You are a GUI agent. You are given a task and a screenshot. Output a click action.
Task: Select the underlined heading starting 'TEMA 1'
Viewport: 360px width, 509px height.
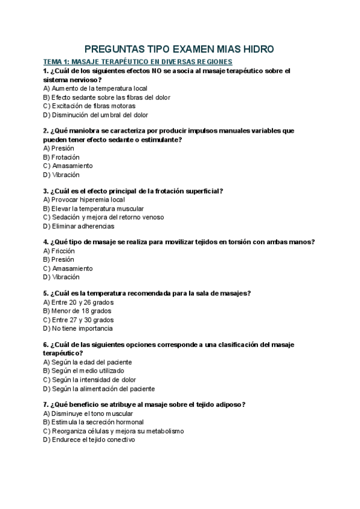point(137,62)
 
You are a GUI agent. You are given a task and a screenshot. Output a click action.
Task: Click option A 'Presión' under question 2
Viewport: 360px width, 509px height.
point(59,148)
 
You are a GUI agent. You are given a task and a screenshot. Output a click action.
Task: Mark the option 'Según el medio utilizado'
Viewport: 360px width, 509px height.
point(88,371)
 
